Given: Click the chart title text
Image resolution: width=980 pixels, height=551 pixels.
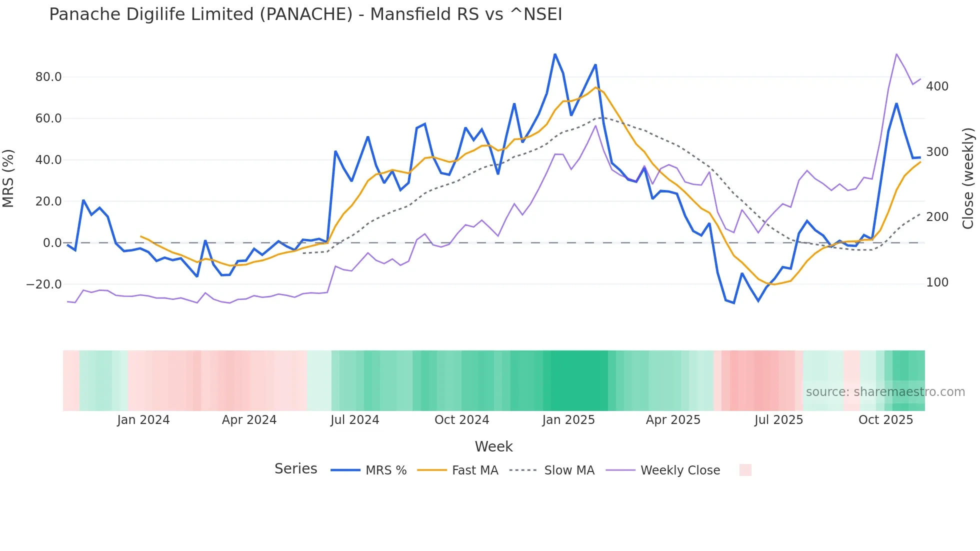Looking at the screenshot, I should pyautogui.click(x=305, y=14).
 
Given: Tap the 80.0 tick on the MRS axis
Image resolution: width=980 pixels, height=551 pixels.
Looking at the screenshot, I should pyautogui.click(x=48, y=77).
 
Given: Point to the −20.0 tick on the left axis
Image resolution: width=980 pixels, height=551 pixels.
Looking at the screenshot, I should pyautogui.click(x=44, y=284).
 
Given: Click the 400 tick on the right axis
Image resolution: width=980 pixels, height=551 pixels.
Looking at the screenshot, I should pyautogui.click(x=937, y=86).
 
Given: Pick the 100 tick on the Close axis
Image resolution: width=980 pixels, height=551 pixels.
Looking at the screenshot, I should pyautogui.click(x=937, y=282).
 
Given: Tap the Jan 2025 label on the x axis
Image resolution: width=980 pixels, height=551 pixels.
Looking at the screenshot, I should pyautogui.click(x=568, y=420).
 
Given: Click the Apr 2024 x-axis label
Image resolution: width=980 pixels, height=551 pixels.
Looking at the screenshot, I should pyautogui.click(x=249, y=420).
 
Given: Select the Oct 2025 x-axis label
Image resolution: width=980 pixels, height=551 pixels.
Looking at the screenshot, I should pyautogui.click(x=885, y=420).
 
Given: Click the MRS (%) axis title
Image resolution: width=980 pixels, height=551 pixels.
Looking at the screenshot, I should pyautogui.click(x=8, y=178).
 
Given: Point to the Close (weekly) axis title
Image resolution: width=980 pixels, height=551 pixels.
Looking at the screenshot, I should pyautogui.click(x=968, y=178).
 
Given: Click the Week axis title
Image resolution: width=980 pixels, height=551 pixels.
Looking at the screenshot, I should pyautogui.click(x=493, y=446).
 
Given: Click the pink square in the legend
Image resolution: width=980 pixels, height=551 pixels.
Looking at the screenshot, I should pyautogui.click(x=745, y=470).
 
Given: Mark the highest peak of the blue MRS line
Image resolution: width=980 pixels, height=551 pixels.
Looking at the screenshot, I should pyautogui.click(x=555, y=54).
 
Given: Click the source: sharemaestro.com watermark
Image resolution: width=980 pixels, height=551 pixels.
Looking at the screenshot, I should pyautogui.click(x=885, y=392).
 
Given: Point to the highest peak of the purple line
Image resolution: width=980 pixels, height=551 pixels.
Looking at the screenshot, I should pyautogui.click(x=896, y=54).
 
